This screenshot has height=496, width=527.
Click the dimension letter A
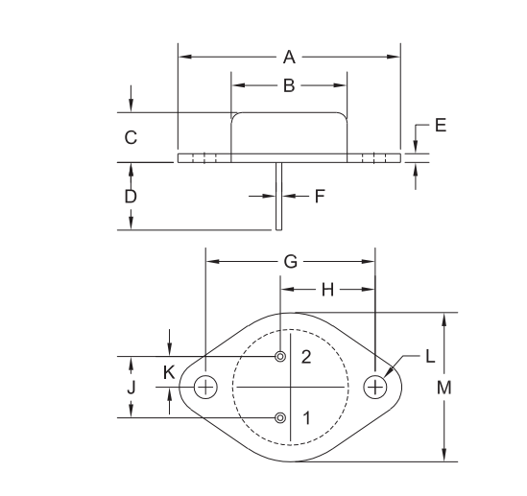pos(289,58)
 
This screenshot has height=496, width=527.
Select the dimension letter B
pos(289,86)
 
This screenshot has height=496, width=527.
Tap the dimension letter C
pos(132,137)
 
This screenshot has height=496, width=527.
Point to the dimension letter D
pos(132,196)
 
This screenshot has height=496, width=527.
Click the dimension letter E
pos(441,126)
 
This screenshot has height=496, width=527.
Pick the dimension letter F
pos(321,196)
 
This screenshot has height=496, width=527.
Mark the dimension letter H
pos(326,289)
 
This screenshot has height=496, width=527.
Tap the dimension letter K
pos(169,373)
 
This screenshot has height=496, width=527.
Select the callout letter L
pos(430,356)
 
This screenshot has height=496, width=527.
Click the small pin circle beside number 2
pos(280,357)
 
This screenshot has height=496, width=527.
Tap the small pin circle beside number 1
pos(280,417)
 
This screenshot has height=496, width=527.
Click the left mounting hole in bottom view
pos(205,387)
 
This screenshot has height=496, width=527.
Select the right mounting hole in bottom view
pos(375,387)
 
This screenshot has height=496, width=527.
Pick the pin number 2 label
pos(306,357)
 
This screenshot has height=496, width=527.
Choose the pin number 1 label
pos(306,418)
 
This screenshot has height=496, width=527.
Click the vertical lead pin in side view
pos(278,197)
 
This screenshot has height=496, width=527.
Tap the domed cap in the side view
pos(289,132)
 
